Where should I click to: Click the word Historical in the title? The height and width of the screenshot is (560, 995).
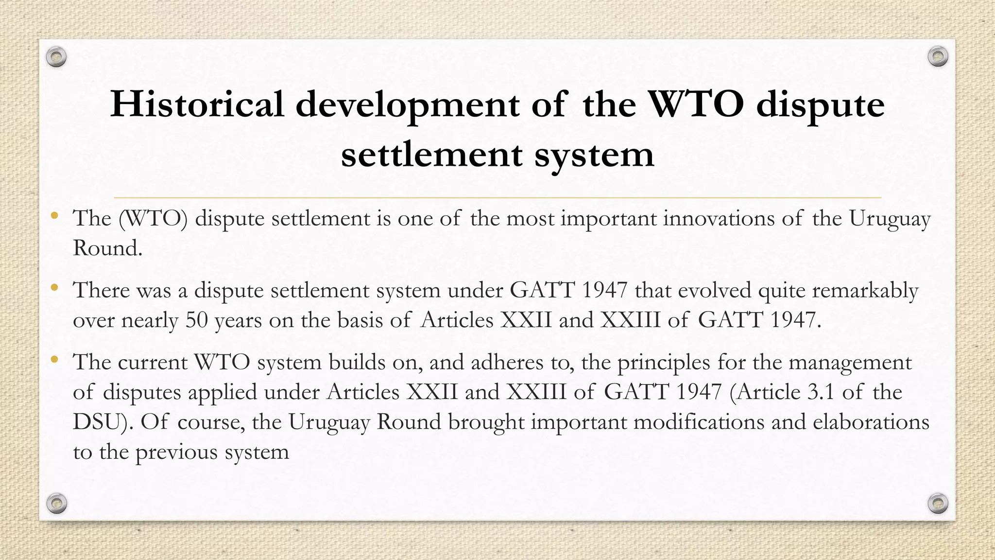pyautogui.click(x=197, y=104)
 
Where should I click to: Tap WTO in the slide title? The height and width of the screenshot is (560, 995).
pyautogui.click(x=696, y=104)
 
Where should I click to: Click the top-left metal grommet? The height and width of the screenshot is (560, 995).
pyautogui.click(x=56, y=57)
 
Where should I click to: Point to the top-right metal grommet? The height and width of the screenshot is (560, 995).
pyautogui.click(x=938, y=57)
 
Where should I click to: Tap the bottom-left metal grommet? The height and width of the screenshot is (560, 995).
pyautogui.click(x=56, y=503)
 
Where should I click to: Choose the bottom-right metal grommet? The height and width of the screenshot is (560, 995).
pyautogui.click(x=938, y=503)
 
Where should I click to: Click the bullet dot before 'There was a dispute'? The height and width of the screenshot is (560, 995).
pyautogui.click(x=54, y=288)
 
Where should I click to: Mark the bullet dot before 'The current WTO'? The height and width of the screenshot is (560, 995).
pyautogui.click(x=54, y=360)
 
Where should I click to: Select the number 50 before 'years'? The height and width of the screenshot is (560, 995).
pyautogui.click(x=196, y=320)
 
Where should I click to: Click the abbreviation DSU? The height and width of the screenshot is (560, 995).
pyautogui.click(x=99, y=422)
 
